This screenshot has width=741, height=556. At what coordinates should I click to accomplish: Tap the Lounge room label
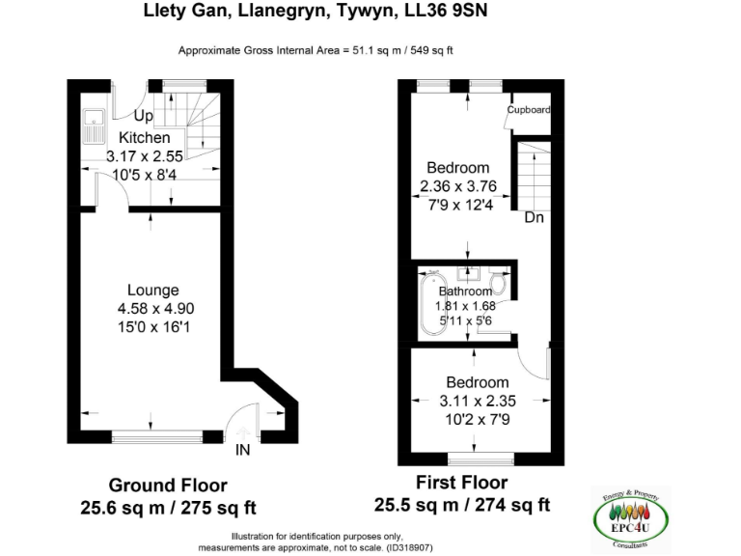(x=153, y=290)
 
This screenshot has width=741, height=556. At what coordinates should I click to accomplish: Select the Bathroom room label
(x=466, y=291)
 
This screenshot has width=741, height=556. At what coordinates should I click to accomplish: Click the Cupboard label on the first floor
(x=529, y=110)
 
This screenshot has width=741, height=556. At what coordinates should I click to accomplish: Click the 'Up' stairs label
(x=144, y=117)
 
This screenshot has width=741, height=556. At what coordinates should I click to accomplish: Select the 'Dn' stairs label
(x=535, y=218)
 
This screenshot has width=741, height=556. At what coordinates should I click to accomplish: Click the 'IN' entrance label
(x=244, y=449)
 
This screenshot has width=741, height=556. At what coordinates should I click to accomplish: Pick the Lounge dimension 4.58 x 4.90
(x=153, y=309)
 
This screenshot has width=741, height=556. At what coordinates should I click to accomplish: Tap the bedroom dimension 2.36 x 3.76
(x=457, y=186)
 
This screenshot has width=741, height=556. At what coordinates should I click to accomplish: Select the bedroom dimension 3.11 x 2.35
(x=477, y=401)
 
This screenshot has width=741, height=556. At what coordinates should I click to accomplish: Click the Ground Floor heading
(x=168, y=486)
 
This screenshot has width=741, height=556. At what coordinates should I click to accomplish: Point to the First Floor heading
(x=461, y=483)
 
